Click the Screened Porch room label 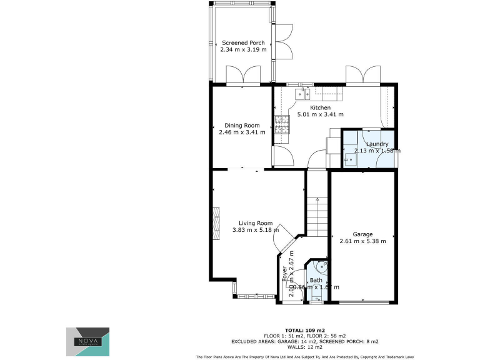click(x=243, y=43)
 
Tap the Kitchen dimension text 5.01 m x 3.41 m click(x=320, y=114)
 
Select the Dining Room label click(x=242, y=125)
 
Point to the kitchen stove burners click(x=281, y=126)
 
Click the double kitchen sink click(x=304, y=94)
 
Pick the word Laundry click(x=377, y=144)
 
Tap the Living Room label click(x=256, y=223)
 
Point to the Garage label click(x=362, y=234)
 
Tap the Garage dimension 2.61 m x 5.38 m click(x=362, y=241)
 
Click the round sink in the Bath click(x=321, y=267)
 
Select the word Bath click(x=316, y=280)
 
